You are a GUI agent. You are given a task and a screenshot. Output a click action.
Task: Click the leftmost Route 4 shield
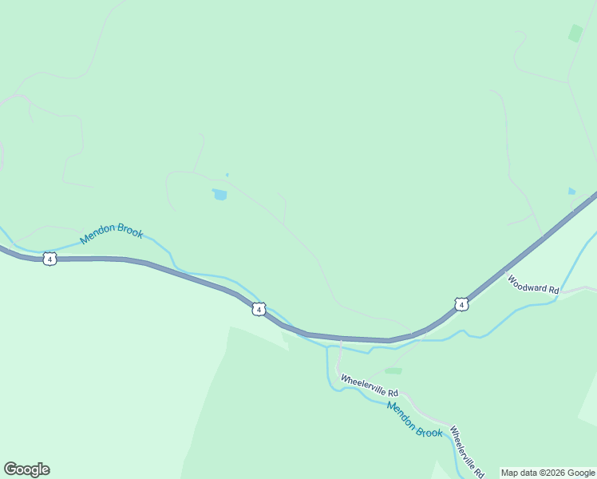(50, 259)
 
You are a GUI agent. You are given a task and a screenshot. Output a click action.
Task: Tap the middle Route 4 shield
(258, 309)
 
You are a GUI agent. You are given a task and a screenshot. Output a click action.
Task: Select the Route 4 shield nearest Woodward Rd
(461, 304)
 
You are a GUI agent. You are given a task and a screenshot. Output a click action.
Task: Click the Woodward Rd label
(532, 285)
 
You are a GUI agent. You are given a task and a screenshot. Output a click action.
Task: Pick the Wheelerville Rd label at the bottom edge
(466, 451)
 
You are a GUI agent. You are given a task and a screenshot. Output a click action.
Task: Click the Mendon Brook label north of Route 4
(112, 233)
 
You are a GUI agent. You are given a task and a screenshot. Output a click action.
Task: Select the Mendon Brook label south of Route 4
(414, 419)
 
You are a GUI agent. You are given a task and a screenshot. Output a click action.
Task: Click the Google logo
(26, 469)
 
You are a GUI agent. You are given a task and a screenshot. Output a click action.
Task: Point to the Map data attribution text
(548, 473)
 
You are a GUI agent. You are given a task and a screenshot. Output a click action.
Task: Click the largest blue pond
(219, 194)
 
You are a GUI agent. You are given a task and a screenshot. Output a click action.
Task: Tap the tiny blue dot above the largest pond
(227, 175)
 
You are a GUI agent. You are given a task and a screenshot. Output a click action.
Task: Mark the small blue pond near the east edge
(571, 192)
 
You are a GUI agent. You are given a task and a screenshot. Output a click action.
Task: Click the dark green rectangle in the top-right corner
(575, 33)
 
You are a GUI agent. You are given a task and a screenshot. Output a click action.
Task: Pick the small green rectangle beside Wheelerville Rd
(393, 370)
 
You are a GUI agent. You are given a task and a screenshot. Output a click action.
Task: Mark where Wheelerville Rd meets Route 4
(341, 341)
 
